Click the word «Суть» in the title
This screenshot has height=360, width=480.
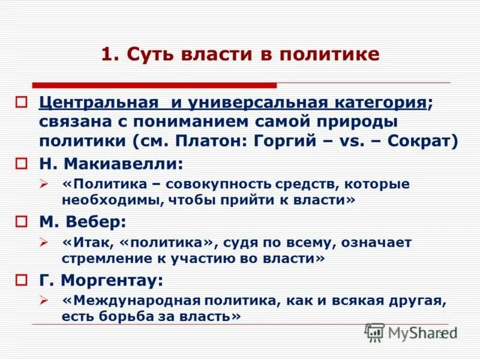tap(152, 55)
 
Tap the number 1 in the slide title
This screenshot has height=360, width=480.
tap(106, 55)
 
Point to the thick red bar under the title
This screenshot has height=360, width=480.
tap(154, 85)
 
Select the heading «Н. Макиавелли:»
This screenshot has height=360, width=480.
tap(111, 163)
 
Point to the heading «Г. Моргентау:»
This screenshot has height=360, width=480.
tap(101, 280)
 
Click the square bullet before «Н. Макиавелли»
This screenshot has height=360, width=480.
tap(22, 163)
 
